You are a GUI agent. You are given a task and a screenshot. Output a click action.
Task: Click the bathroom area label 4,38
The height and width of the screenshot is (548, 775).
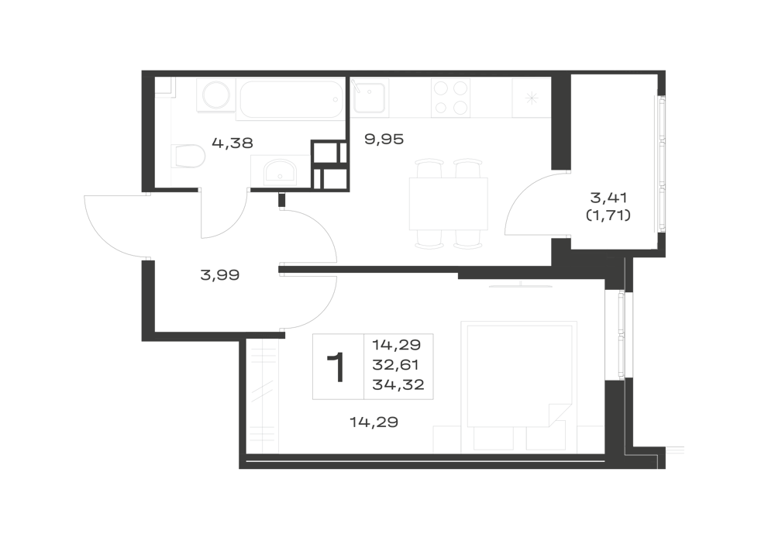232,143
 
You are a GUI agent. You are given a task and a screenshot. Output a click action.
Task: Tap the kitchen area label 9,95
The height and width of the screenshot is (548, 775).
384,140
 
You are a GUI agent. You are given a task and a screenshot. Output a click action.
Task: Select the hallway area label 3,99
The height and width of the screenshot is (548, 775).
220,274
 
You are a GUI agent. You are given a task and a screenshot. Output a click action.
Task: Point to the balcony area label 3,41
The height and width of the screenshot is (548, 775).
609,198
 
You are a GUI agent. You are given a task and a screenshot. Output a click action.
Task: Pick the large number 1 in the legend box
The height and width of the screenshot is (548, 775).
336,367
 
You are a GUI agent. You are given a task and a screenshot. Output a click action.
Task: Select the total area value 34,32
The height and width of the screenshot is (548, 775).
398,384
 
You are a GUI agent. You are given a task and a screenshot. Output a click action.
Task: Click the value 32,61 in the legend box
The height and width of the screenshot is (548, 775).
395,364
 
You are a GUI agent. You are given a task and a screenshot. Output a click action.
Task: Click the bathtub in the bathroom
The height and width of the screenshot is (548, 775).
291,100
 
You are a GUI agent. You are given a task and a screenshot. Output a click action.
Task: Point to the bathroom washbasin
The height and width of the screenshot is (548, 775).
280,172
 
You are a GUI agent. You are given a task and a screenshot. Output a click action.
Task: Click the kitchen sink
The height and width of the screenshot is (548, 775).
369,98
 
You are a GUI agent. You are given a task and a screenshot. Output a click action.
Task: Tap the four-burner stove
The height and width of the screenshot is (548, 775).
450,98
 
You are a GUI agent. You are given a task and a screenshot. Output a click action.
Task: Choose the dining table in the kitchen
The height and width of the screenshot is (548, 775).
448,204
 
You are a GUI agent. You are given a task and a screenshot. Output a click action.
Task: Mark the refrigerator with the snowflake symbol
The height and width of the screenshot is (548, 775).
532,98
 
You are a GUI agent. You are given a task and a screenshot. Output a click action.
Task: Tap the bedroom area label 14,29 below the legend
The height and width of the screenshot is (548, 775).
374,422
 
